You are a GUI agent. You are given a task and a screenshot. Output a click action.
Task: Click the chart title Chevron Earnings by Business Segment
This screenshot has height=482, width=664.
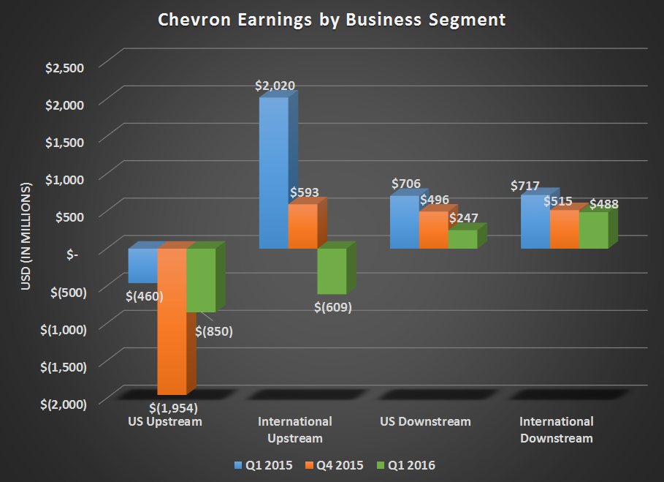point(332,20)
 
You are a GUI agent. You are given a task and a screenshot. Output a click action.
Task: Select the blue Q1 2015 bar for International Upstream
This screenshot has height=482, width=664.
point(274,173)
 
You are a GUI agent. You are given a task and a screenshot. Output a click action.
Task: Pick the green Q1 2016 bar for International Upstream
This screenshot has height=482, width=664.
point(332,271)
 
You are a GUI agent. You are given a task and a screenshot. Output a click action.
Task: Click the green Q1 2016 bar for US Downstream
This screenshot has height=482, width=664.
point(462,239)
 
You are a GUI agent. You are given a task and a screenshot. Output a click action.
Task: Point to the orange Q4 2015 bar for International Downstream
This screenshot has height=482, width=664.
point(564,230)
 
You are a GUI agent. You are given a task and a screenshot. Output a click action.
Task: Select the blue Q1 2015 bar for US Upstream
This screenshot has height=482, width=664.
point(142,265)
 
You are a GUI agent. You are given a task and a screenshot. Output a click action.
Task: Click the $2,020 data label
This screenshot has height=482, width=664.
point(275,86)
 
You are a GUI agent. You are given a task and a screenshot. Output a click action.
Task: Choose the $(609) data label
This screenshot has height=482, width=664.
point(332,307)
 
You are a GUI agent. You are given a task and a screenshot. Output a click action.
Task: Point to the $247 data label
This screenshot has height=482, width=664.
point(462,218)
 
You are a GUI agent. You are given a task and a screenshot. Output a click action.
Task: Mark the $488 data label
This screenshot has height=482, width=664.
point(603,205)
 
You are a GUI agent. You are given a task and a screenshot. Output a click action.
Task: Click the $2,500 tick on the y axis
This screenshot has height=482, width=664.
point(65,67)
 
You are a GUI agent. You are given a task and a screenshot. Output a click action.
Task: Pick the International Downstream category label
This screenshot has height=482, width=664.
point(556,430)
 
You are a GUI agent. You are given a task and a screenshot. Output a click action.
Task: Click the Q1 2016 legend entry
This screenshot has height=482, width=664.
point(408,465)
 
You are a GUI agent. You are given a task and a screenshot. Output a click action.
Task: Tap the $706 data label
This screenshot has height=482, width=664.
point(405,184)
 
